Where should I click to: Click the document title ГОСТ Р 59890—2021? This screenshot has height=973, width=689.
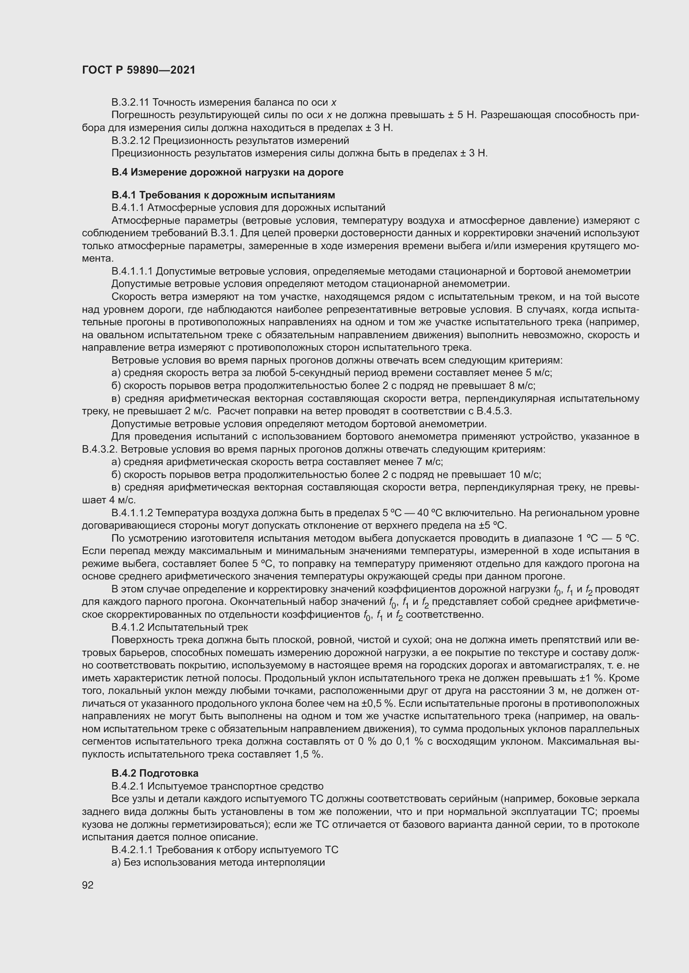pos(139,70)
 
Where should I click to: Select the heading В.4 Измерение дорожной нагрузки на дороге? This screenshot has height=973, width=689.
pos(227,172)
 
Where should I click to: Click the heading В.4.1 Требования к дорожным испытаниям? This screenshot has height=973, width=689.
pos(223,195)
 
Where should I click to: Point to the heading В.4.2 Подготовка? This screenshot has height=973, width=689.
pos(155,773)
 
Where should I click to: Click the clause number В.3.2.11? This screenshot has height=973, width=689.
pos(130,102)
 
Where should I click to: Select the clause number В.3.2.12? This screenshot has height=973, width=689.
pos(130,140)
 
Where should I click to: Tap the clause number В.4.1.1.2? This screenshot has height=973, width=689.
pos(132,513)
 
